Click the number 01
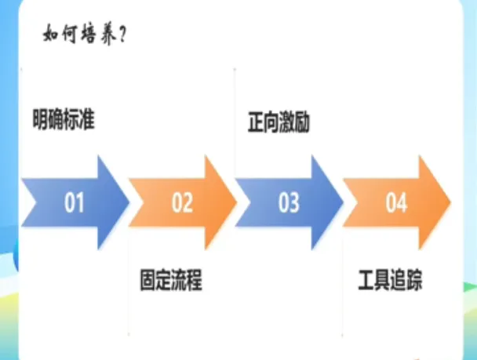pyautogui.click(x=75, y=203)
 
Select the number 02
pyautogui.click(x=182, y=203)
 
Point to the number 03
pyautogui.click(x=289, y=203)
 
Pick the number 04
pyautogui.click(x=396, y=203)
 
